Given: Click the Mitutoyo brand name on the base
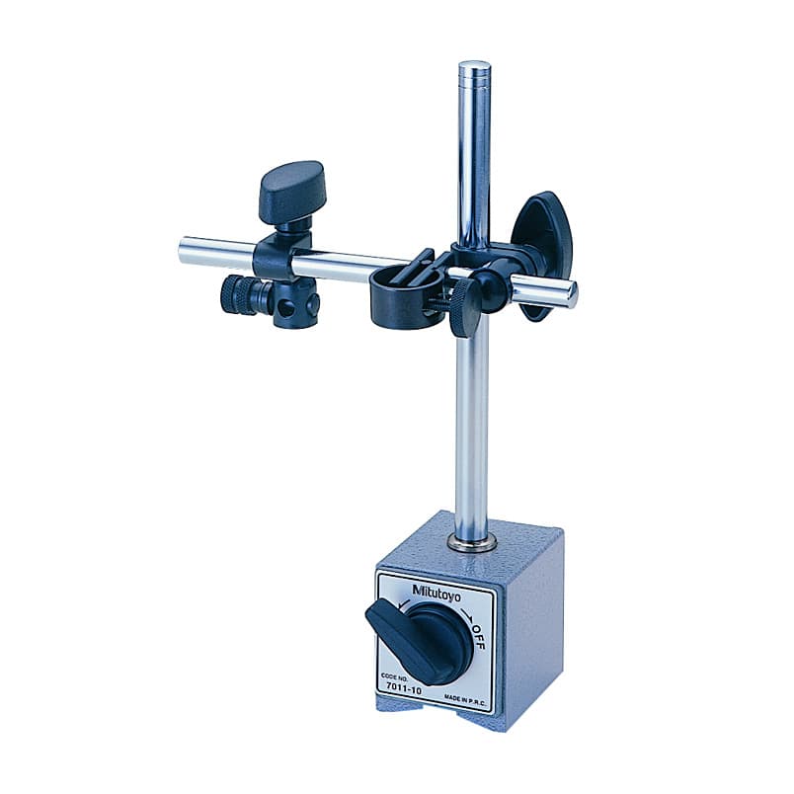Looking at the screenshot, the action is (437, 593).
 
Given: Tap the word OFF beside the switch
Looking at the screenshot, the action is (478, 637).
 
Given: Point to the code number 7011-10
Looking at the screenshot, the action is (404, 687).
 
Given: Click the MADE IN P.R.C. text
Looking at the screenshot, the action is (465, 699).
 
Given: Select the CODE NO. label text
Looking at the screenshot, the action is (393, 677).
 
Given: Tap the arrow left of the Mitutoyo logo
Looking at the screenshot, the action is (404, 603).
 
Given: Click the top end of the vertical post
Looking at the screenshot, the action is (474, 65).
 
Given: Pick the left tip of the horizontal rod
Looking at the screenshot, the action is (182, 250).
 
